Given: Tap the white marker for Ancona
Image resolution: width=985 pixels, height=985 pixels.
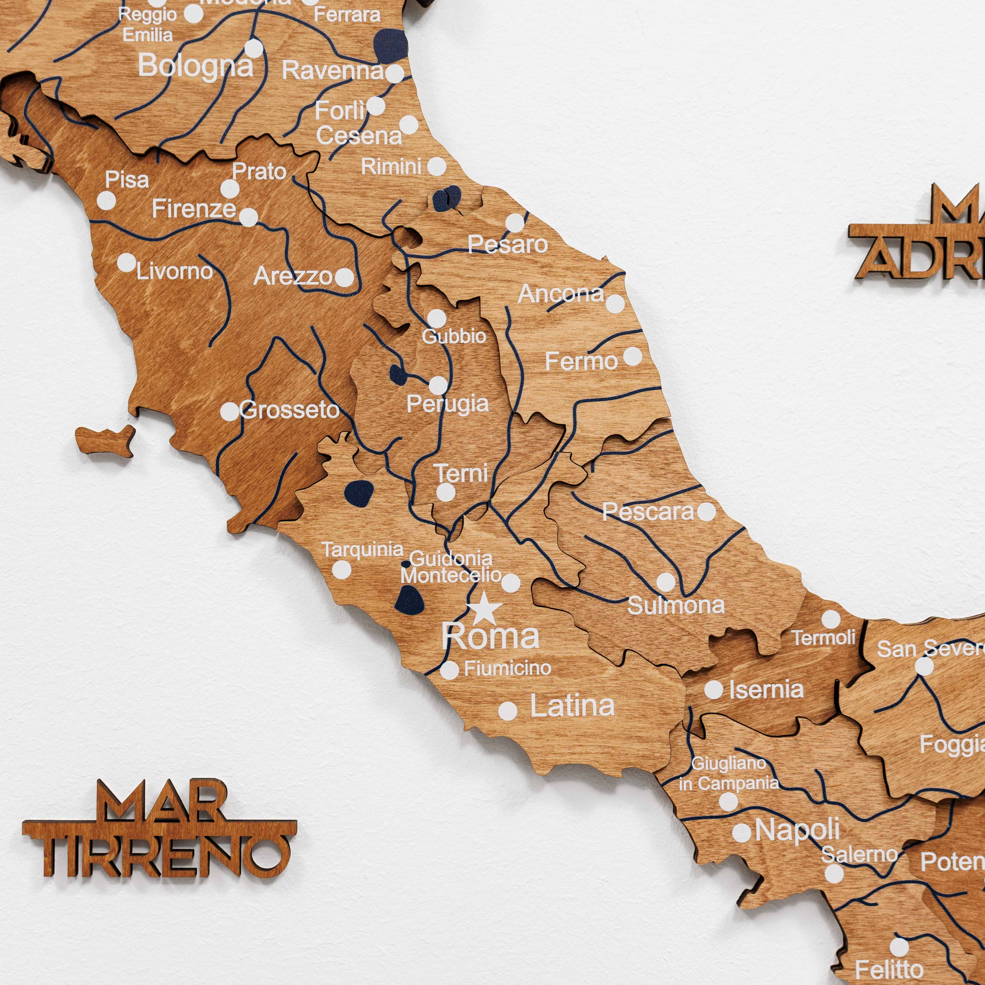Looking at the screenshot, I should [615, 304].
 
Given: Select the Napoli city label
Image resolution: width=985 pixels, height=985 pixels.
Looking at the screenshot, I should [797, 830].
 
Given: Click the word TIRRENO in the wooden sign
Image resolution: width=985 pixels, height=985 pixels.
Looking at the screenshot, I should [163, 856].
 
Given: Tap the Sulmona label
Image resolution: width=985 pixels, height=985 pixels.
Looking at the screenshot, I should [676, 605].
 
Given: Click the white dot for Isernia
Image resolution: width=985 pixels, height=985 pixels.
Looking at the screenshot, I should [714, 690].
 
